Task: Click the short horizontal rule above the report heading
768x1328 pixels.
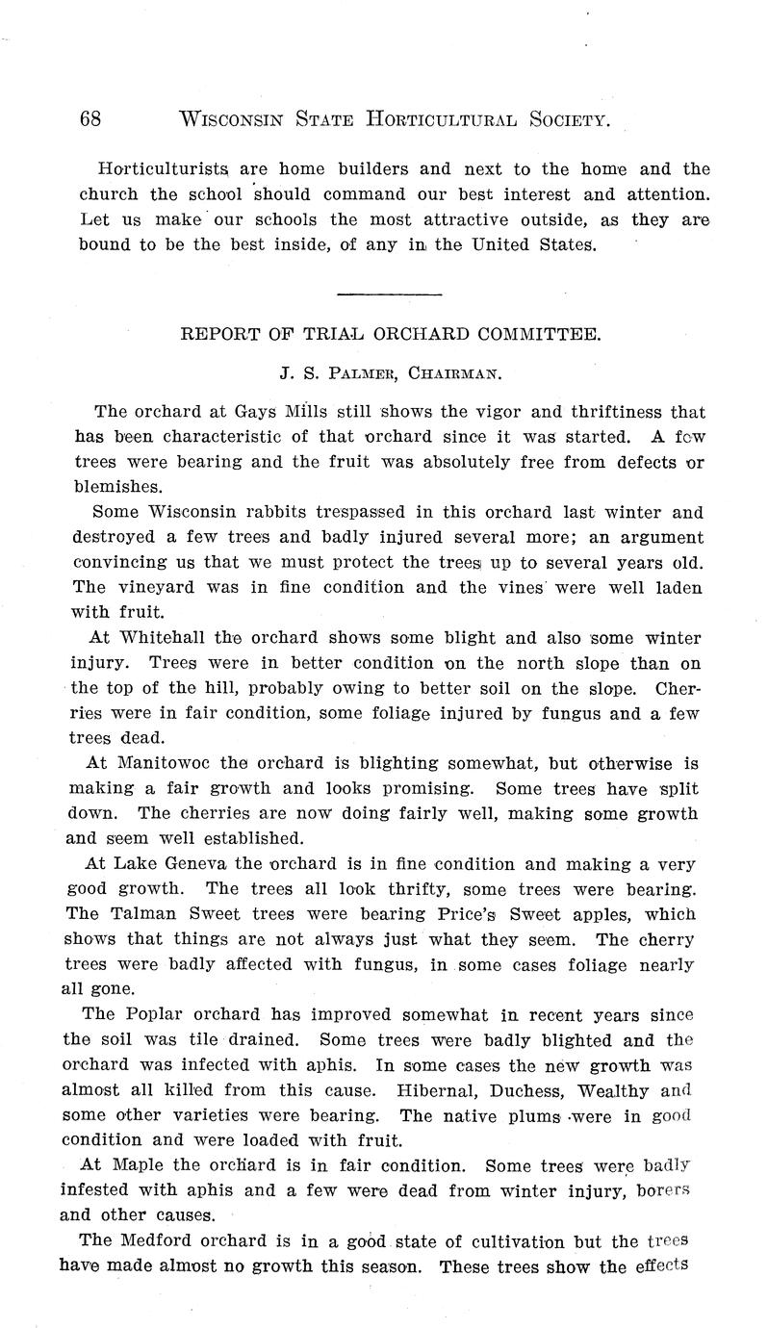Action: click(390, 294)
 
